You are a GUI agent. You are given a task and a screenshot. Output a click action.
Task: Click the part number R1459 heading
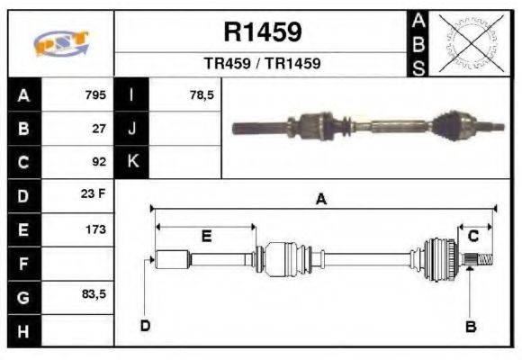click(262, 33)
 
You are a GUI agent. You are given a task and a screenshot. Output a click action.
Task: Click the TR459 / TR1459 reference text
click(262, 64)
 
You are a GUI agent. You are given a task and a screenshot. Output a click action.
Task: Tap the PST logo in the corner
click(60, 44)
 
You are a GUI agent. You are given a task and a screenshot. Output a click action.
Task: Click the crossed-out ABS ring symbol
click(466, 43)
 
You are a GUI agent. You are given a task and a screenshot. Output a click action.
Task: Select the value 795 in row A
click(95, 94)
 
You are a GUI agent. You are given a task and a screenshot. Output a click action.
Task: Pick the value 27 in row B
click(99, 129)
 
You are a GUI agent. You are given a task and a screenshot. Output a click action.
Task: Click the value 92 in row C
click(99, 163)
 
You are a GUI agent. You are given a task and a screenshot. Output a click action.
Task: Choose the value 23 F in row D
click(95, 195)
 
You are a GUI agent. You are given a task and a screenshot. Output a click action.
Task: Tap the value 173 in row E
click(95, 229)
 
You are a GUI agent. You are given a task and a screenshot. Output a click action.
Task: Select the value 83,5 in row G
click(94, 294)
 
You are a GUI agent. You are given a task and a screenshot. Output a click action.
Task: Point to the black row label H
click(22, 330)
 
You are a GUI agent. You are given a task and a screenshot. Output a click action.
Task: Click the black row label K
click(133, 162)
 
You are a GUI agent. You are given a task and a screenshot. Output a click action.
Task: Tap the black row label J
click(133, 129)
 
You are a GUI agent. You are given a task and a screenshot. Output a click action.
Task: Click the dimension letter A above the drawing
click(320, 200)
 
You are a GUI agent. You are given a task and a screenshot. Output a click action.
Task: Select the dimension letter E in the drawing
click(205, 237)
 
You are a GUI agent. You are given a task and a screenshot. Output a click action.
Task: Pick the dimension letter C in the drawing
click(472, 236)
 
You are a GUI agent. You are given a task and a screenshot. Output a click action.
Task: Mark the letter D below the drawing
click(144, 325)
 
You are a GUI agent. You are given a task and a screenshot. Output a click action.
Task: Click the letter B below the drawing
click(470, 326)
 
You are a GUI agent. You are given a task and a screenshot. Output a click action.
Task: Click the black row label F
click(22, 264)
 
